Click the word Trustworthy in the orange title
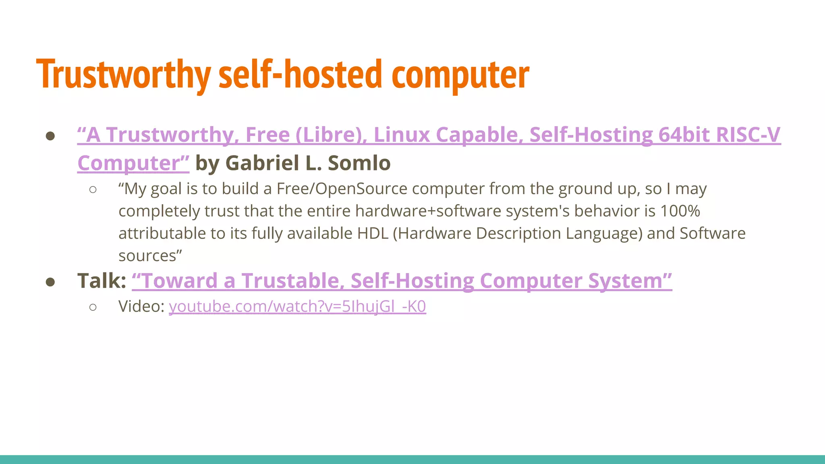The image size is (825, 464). tap(123, 75)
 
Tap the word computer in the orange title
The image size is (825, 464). tap(460, 75)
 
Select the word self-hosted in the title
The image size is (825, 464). tap(300, 75)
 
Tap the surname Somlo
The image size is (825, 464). tap(359, 163)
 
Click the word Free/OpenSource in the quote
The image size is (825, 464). tap(342, 189)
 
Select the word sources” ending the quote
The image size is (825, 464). tap(150, 256)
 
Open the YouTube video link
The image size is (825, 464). tap(297, 307)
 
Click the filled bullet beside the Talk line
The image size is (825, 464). tap(50, 282)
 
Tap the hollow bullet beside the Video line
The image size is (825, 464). tap(93, 307)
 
